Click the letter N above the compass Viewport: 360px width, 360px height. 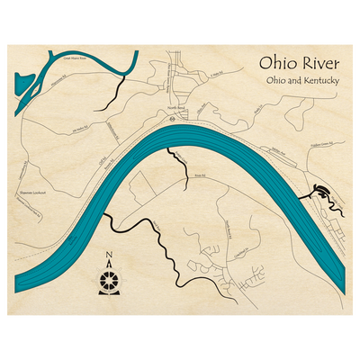click(108, 253)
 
